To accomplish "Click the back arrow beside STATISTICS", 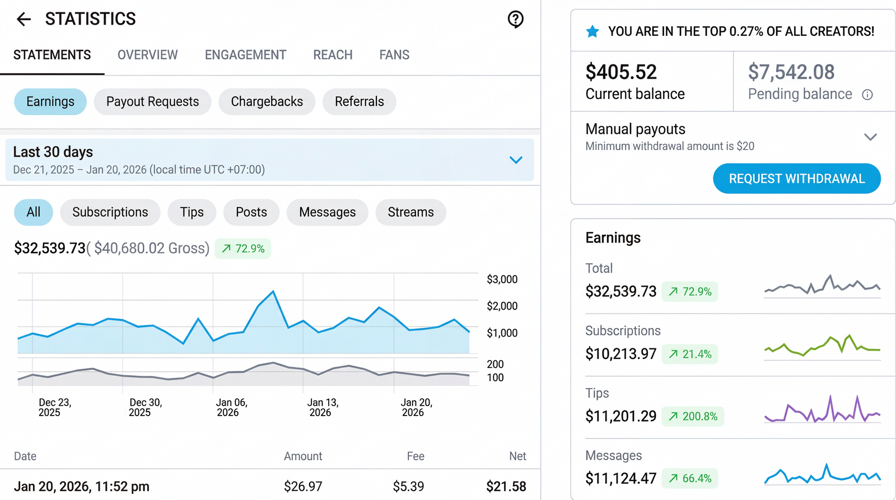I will click(x=24, y=20).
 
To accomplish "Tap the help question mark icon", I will click(x=515, y=20).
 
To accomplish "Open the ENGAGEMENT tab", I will click(x=245, y=55).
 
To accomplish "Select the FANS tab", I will click(x=394, y=55).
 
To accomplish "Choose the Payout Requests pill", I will click(x=152, y=102).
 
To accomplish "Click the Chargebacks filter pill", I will click(x=267, y=102).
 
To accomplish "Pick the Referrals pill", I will click(x=359, y=102).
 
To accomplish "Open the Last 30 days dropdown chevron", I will click(x=516, y=160).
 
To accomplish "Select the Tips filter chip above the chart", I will click(x=192, y=212).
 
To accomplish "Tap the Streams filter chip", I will click(x=410, y=212).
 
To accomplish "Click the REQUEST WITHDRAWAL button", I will click(x=796, y=179).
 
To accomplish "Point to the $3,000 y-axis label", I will click(x=502, y=279).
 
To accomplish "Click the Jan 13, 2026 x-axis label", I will click(x=323, y=408).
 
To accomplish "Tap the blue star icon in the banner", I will click(x=592, y=31).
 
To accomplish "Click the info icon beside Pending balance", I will click(x=867, y=95).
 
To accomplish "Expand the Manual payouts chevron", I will click(x=870, y=137).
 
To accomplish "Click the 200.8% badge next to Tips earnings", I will click(x=693, y=417).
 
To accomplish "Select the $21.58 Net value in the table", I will click(x=506, y=487).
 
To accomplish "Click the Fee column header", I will click(x=416, y=456).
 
